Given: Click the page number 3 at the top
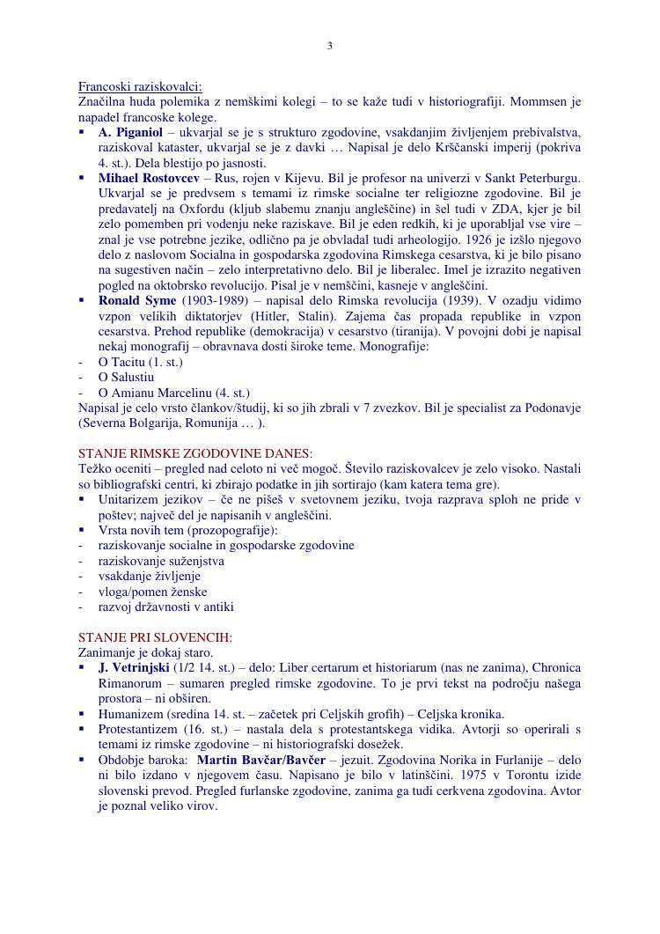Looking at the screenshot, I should pyautogui.click(x=330, y=46).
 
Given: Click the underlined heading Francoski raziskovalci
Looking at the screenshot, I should pyautogui.click(x=140, y=86).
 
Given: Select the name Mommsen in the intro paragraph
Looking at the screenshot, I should pyautogui.click(x=529, y=102).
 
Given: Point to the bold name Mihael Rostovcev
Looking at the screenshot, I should pyautogui.click(x=149, y=178).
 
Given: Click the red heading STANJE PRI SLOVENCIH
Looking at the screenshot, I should pyautogui.click(x=155, y=637).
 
